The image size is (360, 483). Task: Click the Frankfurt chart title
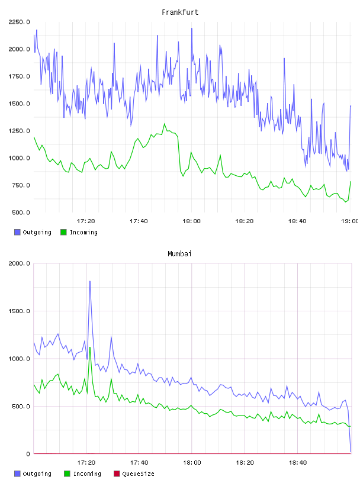[180, 12]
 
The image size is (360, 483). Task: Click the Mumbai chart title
[179, 254]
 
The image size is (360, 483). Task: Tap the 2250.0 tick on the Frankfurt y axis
[19, 22]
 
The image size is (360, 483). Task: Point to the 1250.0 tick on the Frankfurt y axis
[19, 131]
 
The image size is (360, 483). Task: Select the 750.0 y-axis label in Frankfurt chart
[21, 185]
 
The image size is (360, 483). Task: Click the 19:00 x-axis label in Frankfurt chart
[350, 221]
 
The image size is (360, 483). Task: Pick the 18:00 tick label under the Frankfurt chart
[191, 221]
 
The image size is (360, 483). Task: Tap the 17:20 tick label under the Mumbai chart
[86, 463]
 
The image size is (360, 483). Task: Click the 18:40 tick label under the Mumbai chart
[297, 463]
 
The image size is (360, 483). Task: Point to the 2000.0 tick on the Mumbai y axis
[19, 263]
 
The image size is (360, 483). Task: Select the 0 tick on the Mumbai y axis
[28, 454]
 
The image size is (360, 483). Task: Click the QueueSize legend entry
[134, 474]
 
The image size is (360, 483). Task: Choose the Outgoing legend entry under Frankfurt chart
[33, 232]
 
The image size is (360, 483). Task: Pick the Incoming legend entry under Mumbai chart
[83, 474]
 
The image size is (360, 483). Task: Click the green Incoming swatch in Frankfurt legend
[63, 232]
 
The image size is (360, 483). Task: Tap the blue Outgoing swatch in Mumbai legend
[17, 474]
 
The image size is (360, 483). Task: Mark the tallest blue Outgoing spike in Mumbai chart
[89, 281]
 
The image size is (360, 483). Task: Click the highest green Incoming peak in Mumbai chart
[89, 347]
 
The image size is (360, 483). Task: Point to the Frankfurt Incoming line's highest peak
[164, 124]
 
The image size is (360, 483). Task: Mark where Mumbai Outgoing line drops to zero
[351, 452]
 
